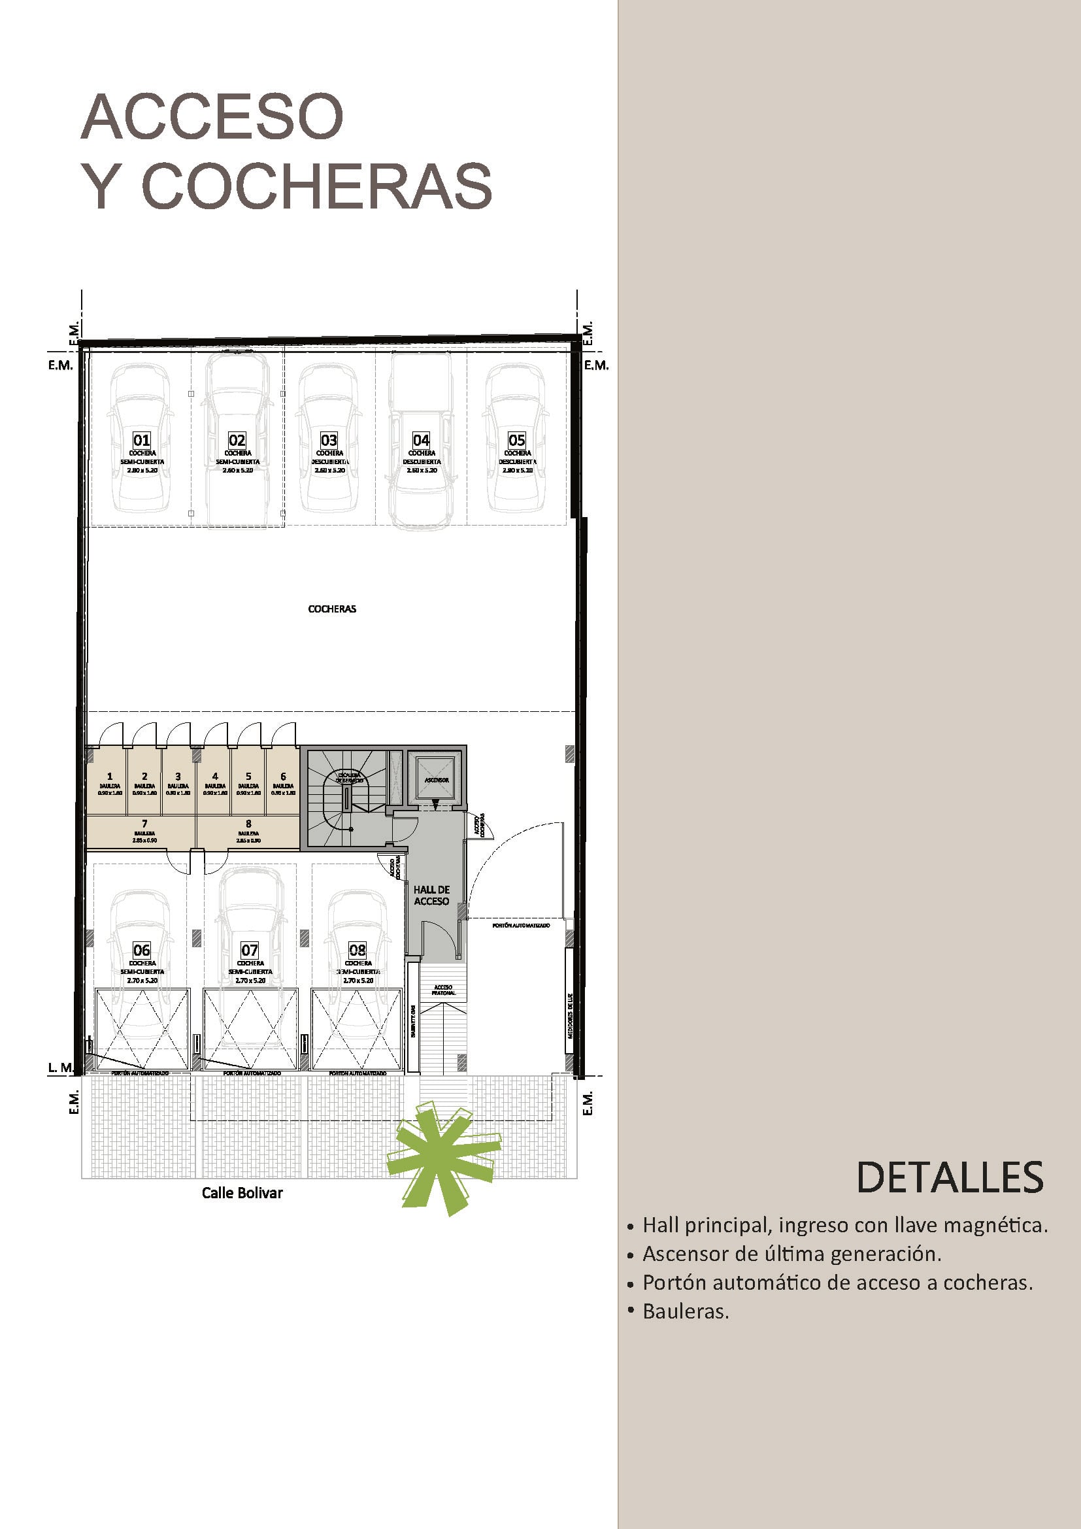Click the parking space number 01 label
(x=142, y=440)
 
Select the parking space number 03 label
(x=329, y=440)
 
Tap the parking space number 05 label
(x=516, y=440)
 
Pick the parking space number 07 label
(x=250, y=950)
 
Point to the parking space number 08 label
(x=358, y=950)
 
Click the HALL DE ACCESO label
(x=431, y=896)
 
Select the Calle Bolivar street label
(x=242, y=1193)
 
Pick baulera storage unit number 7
(x=144, y=829)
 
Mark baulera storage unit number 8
(x=248, y=829)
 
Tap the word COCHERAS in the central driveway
(x=331, y=609)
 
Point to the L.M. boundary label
(x=60, y=1067)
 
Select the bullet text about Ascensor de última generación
(x=791, y=1254)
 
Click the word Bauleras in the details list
(x=686, y=1311)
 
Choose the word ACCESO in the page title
(x=212, y=116)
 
